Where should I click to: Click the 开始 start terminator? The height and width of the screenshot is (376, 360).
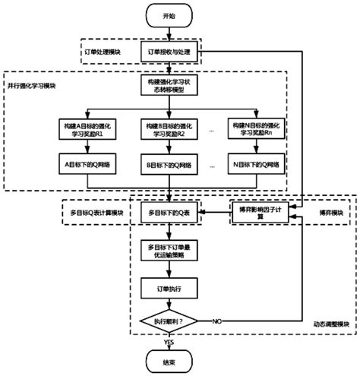[x=169, y=15]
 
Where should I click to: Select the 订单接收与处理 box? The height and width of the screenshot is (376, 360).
[x=169, y=52]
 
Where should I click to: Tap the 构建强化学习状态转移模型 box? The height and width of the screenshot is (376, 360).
[x=169, y=86]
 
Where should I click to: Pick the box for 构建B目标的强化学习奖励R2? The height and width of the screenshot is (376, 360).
[x=169, y=127]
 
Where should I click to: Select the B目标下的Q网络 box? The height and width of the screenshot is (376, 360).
[x=169, y=163]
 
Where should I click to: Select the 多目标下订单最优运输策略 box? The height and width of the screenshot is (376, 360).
[x=169, y=251]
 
